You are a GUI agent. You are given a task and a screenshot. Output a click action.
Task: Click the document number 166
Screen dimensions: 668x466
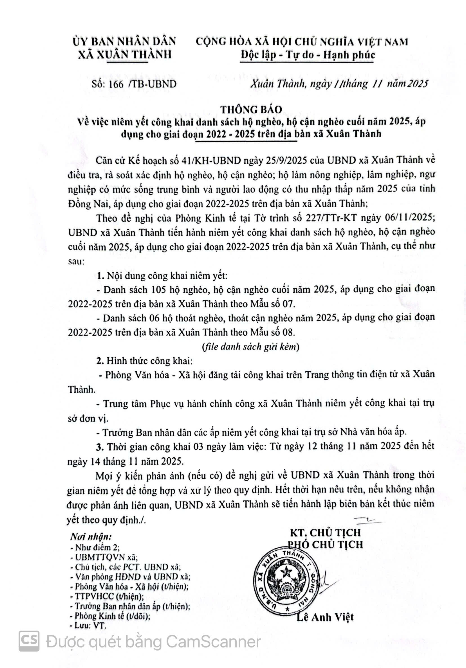click(x=116, y=84)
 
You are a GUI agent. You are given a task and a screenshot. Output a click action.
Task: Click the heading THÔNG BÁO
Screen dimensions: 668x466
click(x=251, y=109)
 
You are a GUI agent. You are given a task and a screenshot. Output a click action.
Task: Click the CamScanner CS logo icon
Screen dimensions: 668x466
click(x=29, y=641)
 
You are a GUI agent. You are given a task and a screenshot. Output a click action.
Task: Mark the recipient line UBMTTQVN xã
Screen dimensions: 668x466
click(x=104, y=557)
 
